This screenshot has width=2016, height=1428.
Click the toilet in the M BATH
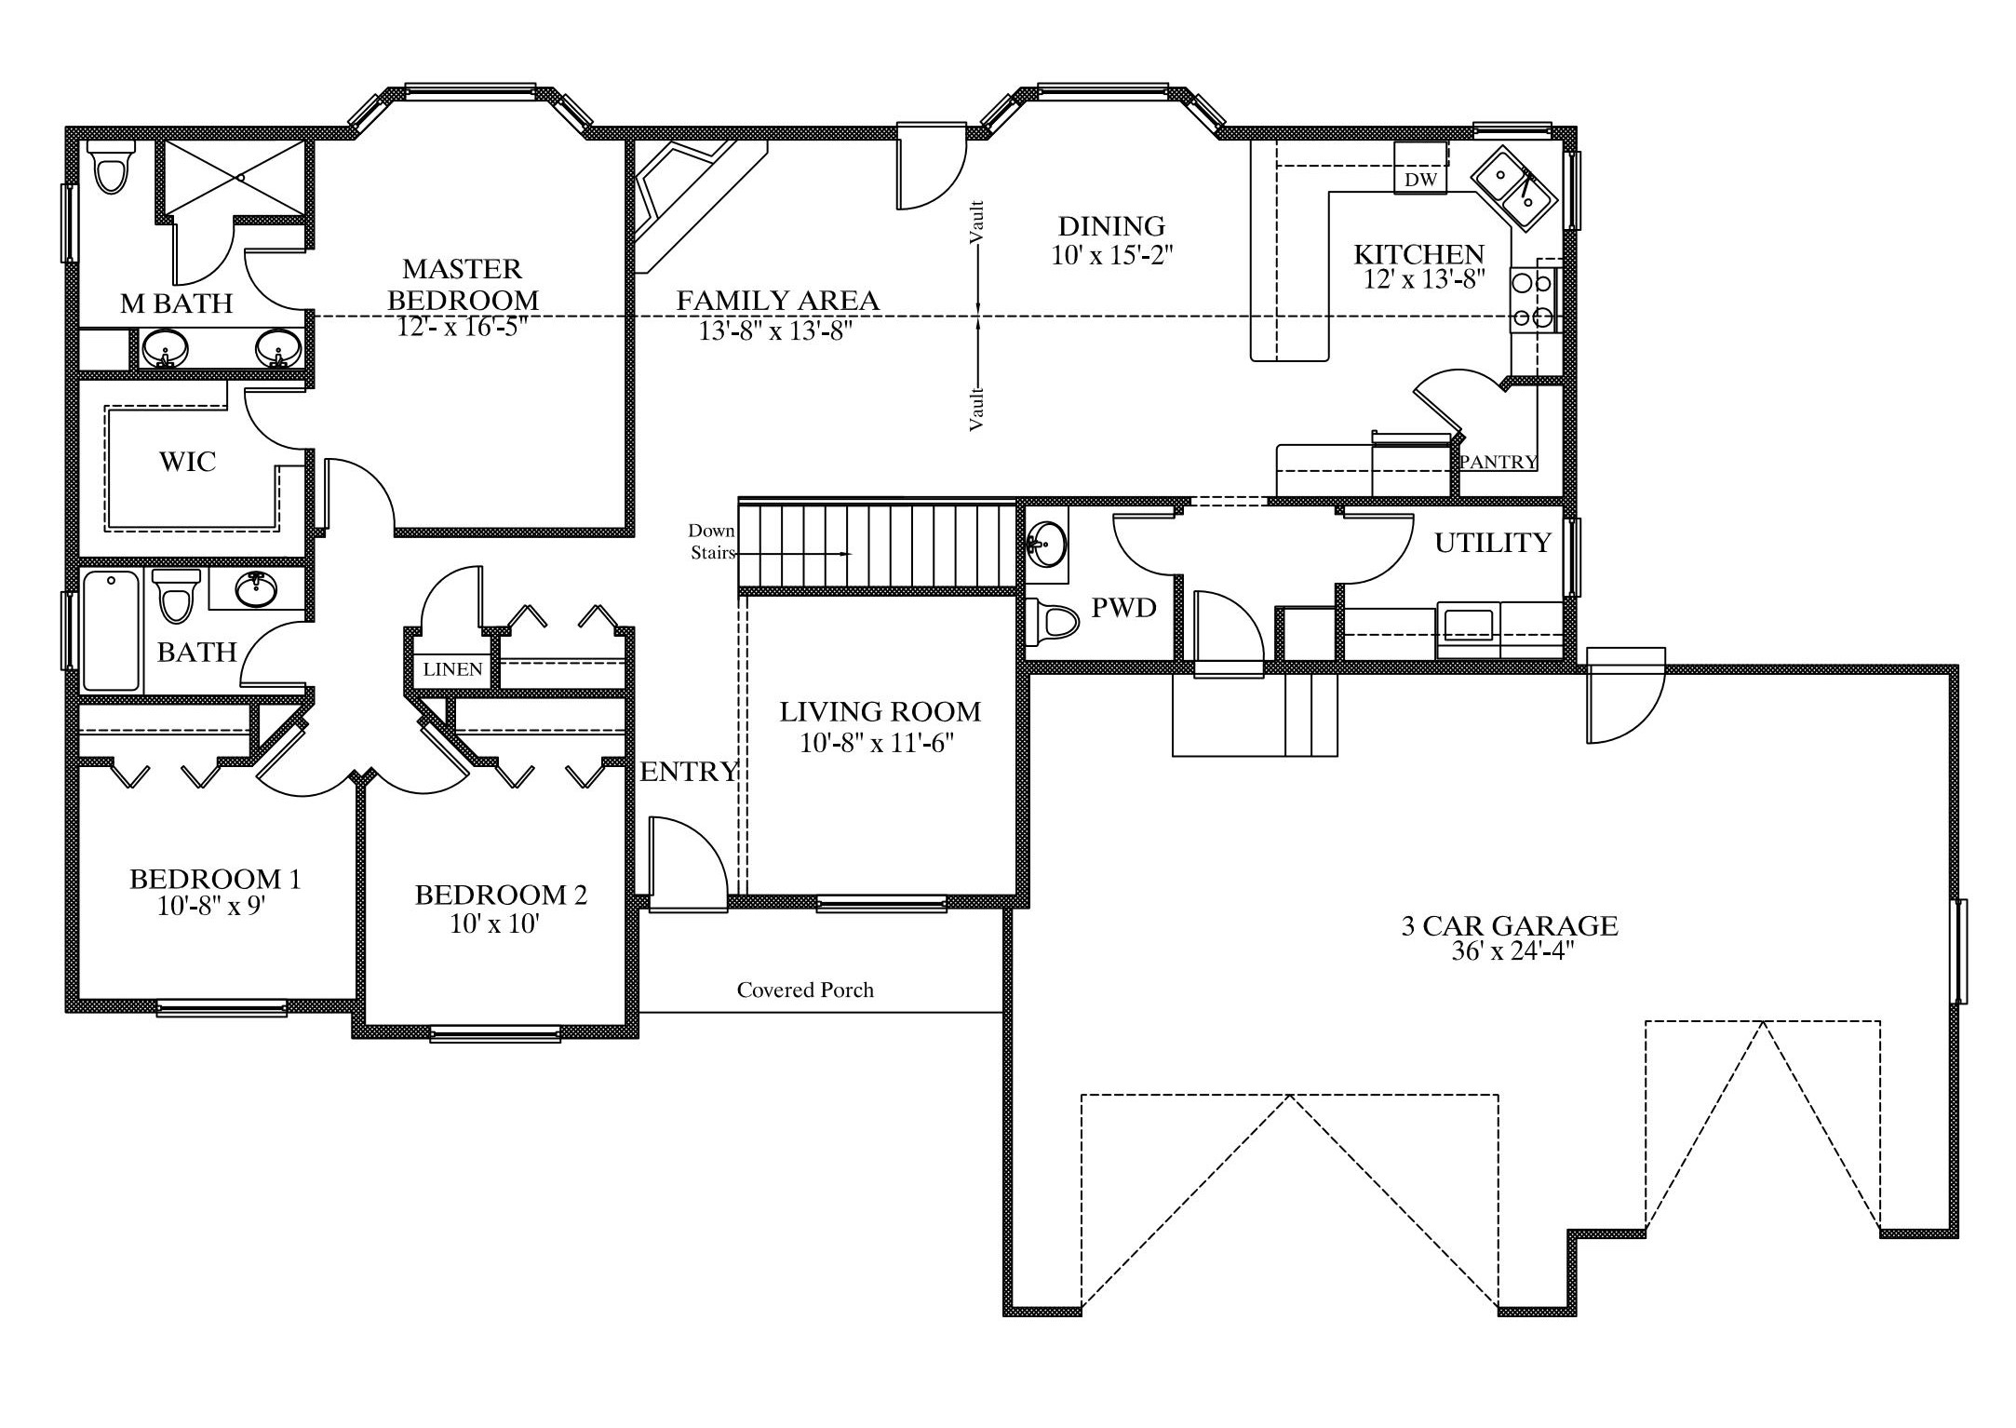[x=111, y=168]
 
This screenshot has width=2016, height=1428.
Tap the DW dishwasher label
[x=1420, y=180]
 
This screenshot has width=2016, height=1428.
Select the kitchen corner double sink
[x=1512, y=188]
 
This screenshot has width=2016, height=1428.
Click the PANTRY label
[x=1499, y=462]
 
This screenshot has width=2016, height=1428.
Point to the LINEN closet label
[x=453, y=669]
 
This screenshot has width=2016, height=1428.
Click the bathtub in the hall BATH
[x=112, y=631]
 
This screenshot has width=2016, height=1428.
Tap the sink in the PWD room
[x=1048, y=543]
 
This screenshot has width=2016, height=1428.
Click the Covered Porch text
[x=805, y=990]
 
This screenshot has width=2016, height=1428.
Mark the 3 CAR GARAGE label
[x=1510, y=925]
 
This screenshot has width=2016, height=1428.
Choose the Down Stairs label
[x=712, y=542]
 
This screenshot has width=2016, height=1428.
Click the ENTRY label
[x=690, y=772]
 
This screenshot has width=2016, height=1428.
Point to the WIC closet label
[x=187, y=462]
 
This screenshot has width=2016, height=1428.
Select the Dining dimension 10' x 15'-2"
[x=1111, y=255]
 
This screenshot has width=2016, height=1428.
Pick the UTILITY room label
[x=1493, y=543]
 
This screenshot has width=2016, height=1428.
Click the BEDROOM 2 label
[x=501, y=895]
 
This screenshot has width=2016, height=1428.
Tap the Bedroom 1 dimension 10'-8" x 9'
[x=212, y=906]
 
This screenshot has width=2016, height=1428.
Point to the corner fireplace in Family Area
[x=689, y=200]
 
